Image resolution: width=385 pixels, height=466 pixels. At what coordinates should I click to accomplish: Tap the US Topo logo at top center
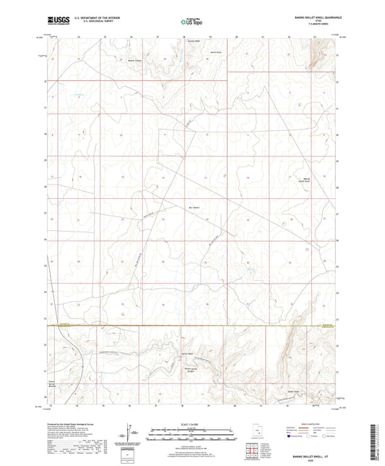(191, 22)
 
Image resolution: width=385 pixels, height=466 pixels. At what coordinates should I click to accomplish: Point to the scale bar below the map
(192, 436)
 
